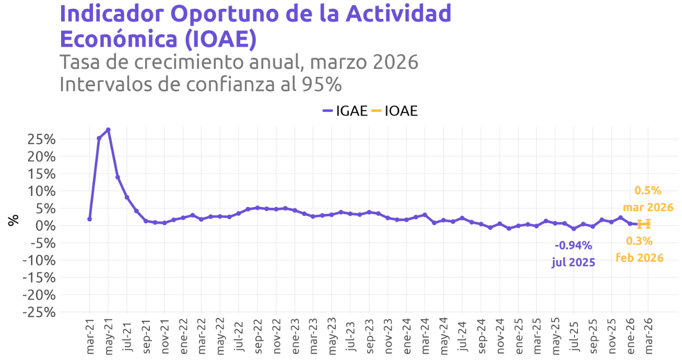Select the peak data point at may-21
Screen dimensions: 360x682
pyautogui.click(x=108, y=130)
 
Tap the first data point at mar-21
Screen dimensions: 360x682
pyautogui.click(x=89, y=219)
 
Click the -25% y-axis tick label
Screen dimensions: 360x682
pyautogui.click(x=39, y=312)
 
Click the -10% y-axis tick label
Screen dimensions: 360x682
pyautogui.click(x=39, y=260)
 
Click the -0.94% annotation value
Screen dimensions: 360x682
pyautogui.click(x=573, y=246)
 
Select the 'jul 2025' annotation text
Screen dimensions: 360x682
pyautogui.click(x=573, y=262)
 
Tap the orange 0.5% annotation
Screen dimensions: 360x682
pyautogui.click(x=648, y=191)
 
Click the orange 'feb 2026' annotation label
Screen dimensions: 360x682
pyautogui.click(x=639, y=258)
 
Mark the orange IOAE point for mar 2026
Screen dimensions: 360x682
pyautogui.click(x=648, y=224)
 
